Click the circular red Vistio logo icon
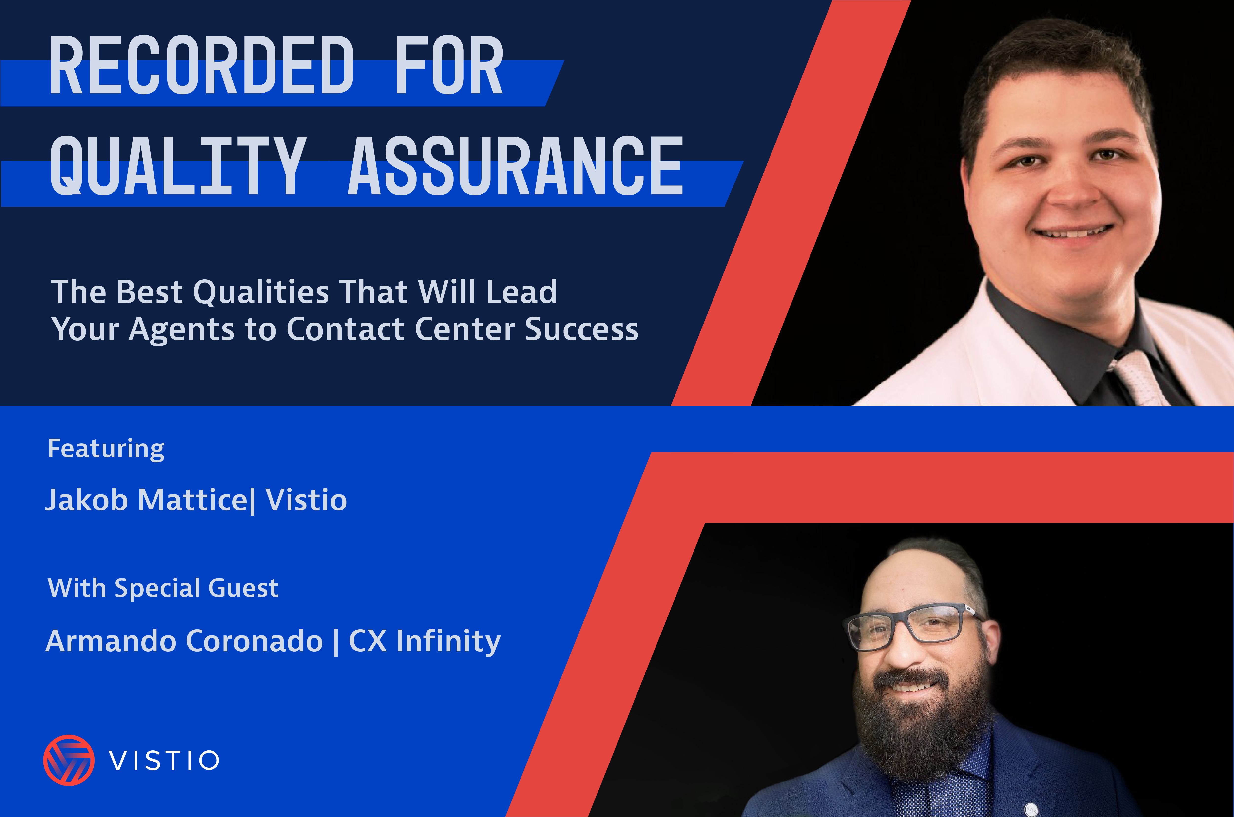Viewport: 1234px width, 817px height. coord(69,760)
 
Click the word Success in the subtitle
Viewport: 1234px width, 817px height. coord(582,329)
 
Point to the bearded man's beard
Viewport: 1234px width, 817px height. coord(923,729)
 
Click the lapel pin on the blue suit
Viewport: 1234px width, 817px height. coord(1030,809)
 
